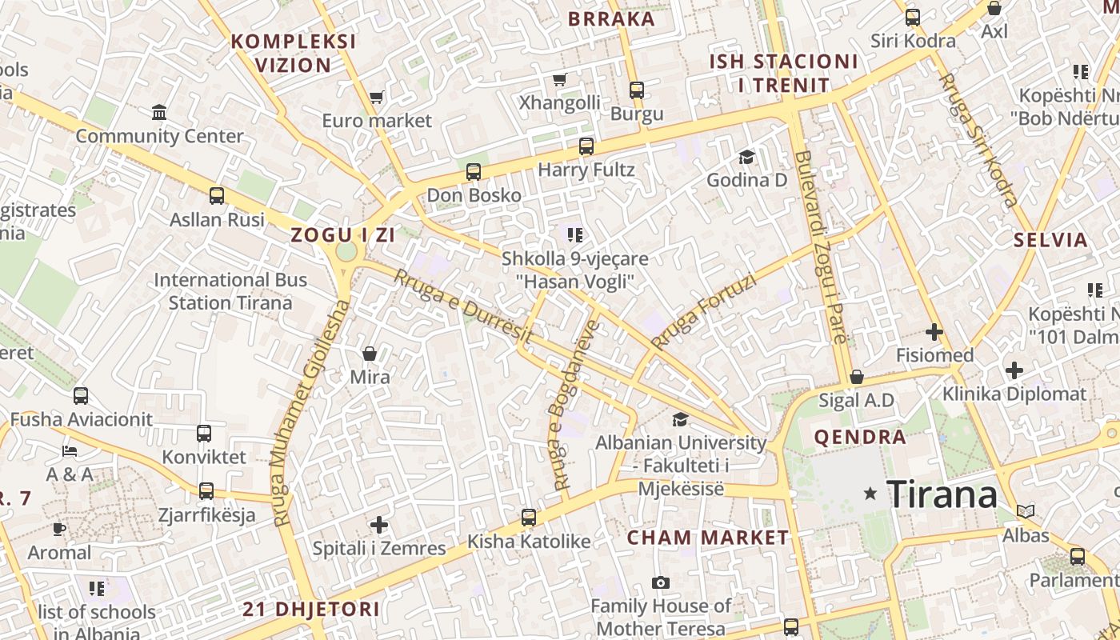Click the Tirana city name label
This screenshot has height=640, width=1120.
[x=942, y=494]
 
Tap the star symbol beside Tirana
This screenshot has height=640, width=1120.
[x=870, y=494]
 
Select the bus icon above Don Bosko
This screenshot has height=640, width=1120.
[x=474, y=172]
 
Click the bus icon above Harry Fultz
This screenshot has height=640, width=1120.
[x=586, y=146]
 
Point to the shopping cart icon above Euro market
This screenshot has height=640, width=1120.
[x=376, y=98]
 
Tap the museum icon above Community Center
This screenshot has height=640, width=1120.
[x=159, y=112]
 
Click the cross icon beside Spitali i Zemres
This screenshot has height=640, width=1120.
[x=379, y=525]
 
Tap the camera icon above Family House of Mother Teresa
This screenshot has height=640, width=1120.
[x=660, y=582]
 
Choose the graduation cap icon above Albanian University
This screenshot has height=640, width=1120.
[x=680, y=419]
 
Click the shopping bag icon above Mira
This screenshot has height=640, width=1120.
[x=370, y=353]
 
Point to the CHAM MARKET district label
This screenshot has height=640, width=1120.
[x=707, y=538]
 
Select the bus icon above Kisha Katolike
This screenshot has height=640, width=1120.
[x=528, y=518]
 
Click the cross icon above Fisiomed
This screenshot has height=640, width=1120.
[x=934, y=331]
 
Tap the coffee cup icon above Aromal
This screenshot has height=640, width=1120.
[x=59, y=529]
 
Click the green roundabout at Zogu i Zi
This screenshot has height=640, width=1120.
[x=346, y=252]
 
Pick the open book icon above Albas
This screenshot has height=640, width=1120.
[x=1026, y=511]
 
